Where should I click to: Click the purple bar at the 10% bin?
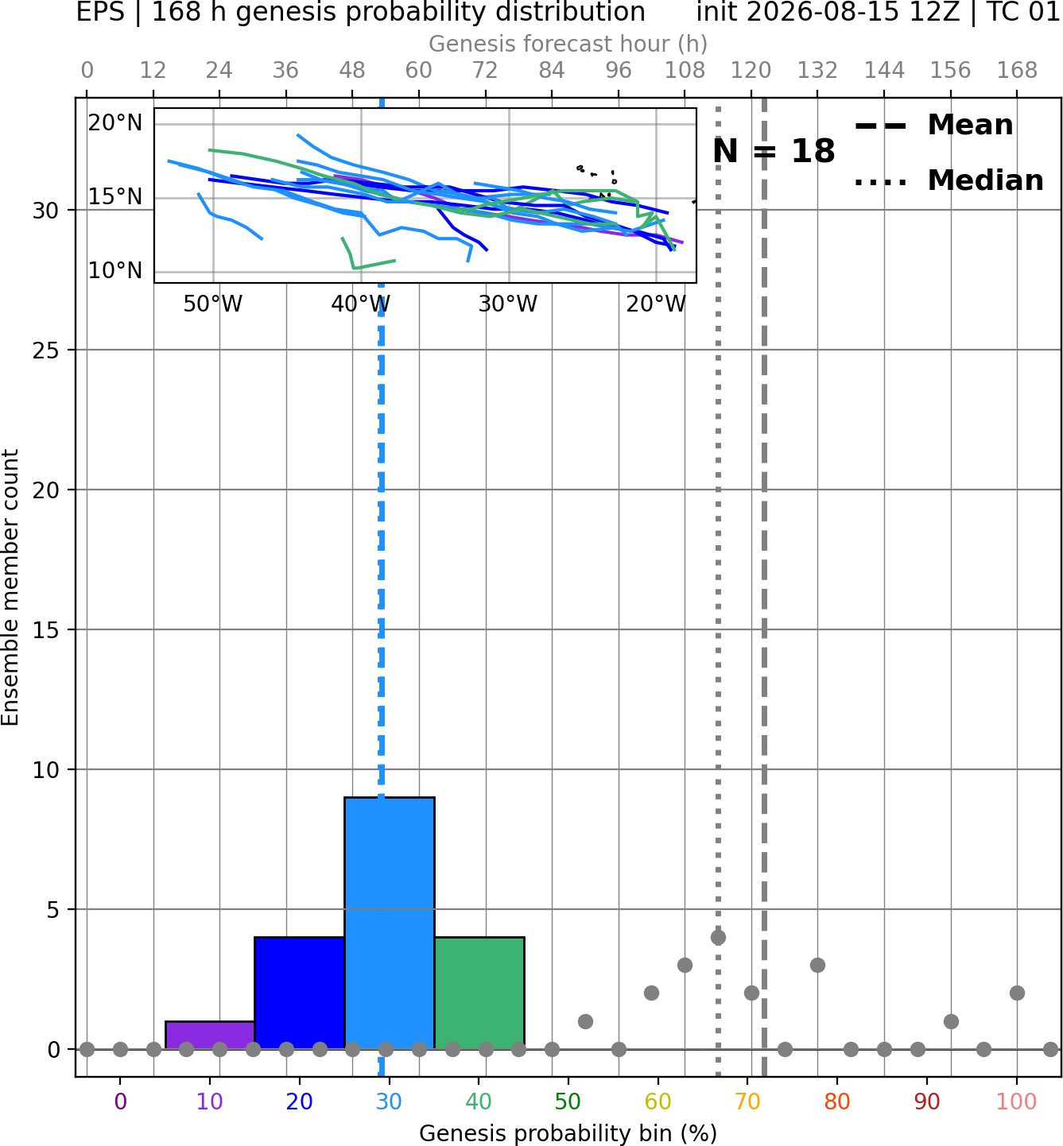pos(210,1035)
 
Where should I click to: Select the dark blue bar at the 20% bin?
pos(300,993)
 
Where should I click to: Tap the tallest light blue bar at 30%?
pos(389,923)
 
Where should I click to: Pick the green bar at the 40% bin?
pos(479,993)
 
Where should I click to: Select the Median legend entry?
pos(949,180)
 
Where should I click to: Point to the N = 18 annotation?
pos(774,151)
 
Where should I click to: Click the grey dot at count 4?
pos(718,937)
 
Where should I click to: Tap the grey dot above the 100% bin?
pos(1018,993)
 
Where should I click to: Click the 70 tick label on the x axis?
pos(747,1101)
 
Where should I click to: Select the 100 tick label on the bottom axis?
pos(1017,1101)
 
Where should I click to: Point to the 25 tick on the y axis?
pos(46,350)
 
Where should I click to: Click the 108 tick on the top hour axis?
pos(685,71)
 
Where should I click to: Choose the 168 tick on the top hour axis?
pos(1018,71)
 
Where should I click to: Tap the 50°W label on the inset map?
pos(212,304)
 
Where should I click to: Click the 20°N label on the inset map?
pos(115,123)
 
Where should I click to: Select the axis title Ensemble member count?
pos(10,587)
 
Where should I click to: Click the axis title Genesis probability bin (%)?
pos(568,1133)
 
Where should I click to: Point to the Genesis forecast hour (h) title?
pos(568,44)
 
